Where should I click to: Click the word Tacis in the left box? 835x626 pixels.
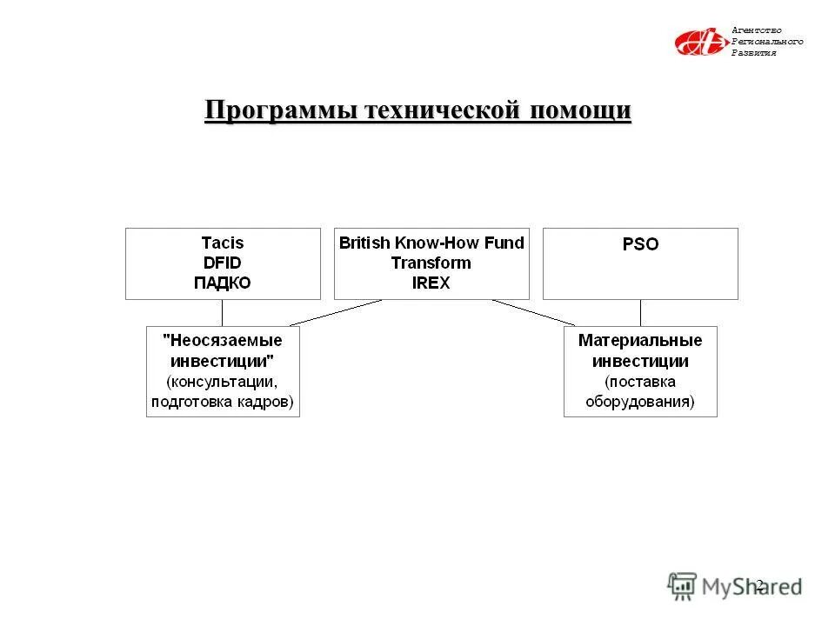coord(223,243)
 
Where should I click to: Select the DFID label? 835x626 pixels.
coord(223,263)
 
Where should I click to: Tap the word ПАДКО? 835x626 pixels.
coord(223,283)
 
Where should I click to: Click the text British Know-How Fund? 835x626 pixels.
coord(431,243)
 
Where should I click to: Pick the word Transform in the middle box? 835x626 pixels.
coord(431,263)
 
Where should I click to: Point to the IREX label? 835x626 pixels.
coord(431,283)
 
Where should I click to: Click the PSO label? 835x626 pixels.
coord(640,245)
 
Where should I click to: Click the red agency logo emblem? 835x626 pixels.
coord(699,42)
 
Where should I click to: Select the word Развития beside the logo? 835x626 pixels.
coord(753,53)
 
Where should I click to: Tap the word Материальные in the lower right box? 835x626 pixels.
coord(640,341)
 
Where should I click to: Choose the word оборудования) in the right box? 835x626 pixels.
coord(640,402)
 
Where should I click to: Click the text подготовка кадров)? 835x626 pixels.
coord(223,402)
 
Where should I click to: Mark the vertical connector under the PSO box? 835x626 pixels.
coord(641,313)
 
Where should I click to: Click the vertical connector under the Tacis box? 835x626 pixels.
coord(223,313)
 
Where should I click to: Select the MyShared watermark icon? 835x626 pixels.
coord(683,586)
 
